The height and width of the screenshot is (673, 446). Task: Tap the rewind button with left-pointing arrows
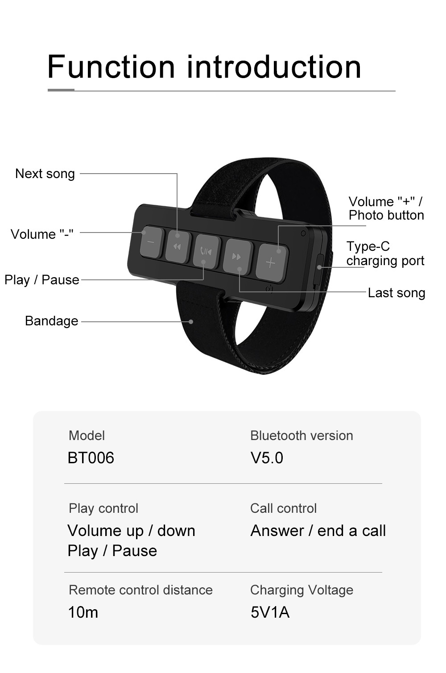(x=177, y=246)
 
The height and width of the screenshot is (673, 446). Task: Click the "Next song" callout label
(x=45, y=174)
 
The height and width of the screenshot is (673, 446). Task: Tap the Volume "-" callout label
(x=42, y=234)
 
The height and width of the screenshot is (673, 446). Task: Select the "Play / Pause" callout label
(x=42, y=280)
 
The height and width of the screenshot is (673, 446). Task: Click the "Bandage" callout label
(x=51, y=321)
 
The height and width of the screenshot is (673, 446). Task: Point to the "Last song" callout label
(x=396, y=293)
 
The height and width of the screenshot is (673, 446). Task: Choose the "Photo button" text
(x=386, y=216)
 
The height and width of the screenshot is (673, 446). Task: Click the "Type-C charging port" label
(x=385, y=253)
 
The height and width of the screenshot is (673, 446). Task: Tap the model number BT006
(x=91, y=458)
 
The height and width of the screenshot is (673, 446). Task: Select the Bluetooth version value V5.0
(x=267, y=458)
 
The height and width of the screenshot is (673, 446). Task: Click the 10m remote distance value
(x=83, y=612)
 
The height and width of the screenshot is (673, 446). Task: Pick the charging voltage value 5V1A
(x=270, y=612)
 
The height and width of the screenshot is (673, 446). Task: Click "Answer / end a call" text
(x=318, y=531)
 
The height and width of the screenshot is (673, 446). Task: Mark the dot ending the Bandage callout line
(x=191, y=321)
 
